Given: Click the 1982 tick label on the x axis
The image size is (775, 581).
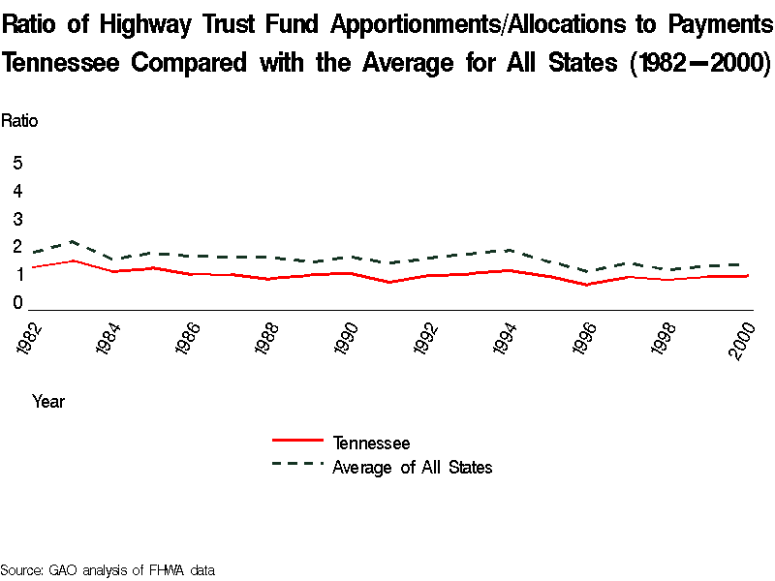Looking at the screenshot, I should [x=32, y=339].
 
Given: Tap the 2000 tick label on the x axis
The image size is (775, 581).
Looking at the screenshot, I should [x=743, y=339].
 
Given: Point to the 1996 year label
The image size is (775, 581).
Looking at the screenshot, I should [x=584, y=339].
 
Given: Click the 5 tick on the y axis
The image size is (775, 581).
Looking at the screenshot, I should [x=17, y=163].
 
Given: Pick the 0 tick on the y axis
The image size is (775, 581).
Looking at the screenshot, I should [x=17, y=303].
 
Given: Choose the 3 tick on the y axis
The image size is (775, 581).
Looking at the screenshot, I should [x=17, y=219].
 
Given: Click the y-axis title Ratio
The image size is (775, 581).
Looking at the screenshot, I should [x=19, y=121].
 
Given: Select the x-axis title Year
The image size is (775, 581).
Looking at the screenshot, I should [x=48, y=401].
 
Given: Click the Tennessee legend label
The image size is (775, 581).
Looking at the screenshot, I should [x=371, y=443].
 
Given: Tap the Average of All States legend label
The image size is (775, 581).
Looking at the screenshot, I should [x=413, y=468].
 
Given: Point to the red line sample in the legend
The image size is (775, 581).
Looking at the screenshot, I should [x=296, y=442].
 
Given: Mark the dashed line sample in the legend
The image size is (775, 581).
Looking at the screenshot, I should [x=296, y=464].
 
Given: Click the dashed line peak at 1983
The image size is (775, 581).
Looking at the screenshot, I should [x=73, y=241].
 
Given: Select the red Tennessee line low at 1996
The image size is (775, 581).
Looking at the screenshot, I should [x=585, y=285].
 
